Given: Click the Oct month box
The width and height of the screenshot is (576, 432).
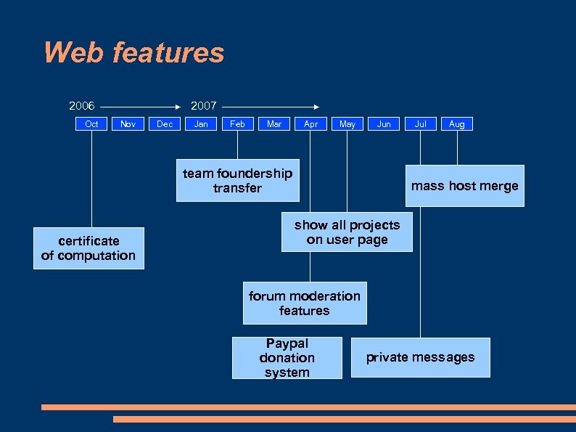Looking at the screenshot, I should (91, 124).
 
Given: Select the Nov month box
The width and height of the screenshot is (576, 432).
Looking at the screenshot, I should (128, 124).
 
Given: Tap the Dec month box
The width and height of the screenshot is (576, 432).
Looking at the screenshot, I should (165, 124).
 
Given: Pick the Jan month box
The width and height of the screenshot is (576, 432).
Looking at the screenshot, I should (201, 124).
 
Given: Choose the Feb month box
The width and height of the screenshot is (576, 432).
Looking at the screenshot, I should (237, 124).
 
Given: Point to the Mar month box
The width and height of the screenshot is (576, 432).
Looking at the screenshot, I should (274, 124).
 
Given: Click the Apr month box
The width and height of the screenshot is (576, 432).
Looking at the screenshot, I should (310, 124).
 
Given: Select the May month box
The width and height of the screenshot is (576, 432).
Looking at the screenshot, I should (347, 124).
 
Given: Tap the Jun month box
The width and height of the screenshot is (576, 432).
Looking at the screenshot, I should (384, 124).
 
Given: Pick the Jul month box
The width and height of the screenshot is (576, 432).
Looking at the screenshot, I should (421, 124).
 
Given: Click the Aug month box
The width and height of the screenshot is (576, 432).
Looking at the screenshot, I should (457, 124).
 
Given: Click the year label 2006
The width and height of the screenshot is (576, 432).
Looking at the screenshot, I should (82, 106).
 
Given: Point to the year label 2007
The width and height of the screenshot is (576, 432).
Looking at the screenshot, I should (203, 106).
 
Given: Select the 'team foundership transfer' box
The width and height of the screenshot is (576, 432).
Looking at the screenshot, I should (237, 181).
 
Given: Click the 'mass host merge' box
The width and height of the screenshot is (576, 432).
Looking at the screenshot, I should (464, 186).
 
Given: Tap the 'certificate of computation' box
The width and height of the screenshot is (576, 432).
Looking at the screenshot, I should (89, 248).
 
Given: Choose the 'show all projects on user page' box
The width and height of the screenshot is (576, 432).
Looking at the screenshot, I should (347, 232).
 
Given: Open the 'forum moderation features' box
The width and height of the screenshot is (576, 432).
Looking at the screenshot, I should (305, 303).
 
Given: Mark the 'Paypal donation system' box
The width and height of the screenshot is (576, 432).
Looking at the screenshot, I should (287, 358).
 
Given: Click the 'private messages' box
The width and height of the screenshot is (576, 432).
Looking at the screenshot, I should (420, 357).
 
